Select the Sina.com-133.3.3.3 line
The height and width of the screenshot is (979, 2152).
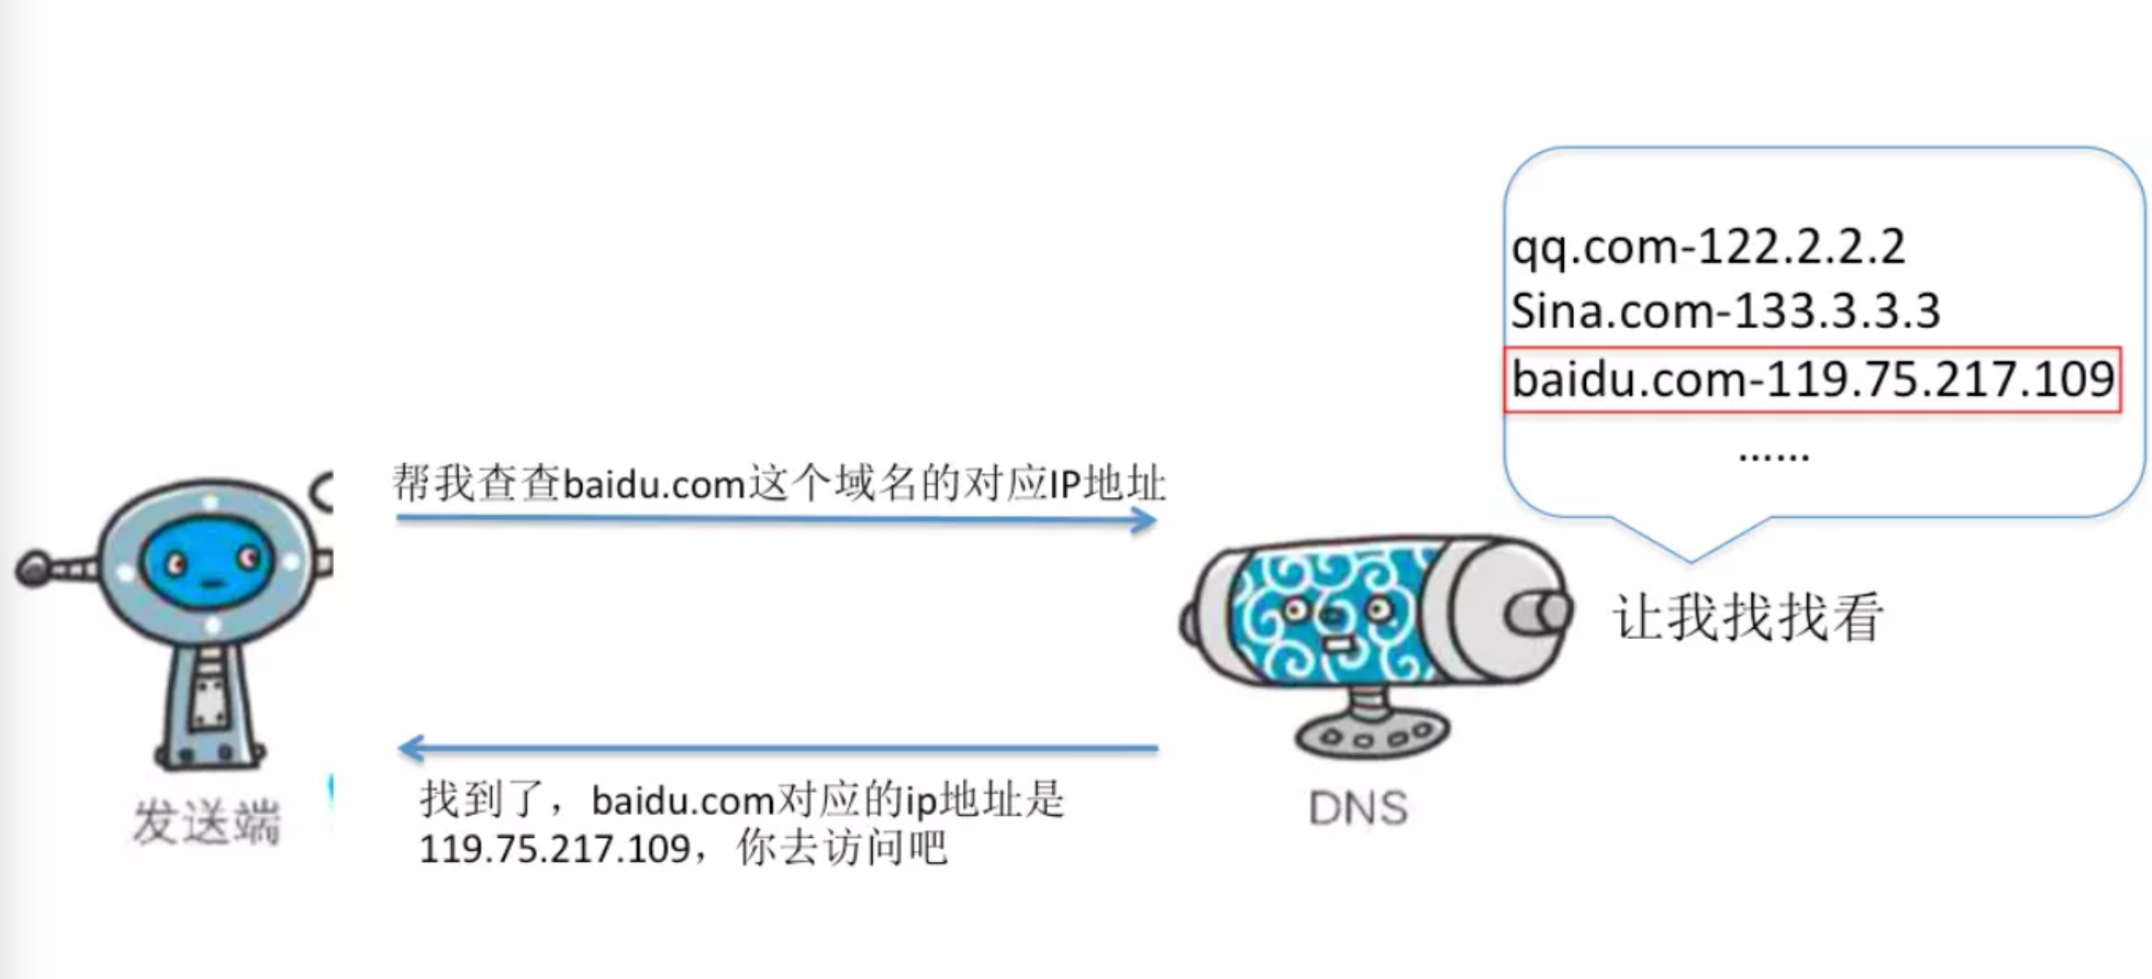click(x=1725, y=311)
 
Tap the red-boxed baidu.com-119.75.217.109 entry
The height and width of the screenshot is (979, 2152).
click(x=1812, y=380)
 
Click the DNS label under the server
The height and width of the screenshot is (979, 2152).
click(x=1357, y=808)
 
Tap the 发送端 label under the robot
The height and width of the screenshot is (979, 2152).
click(x=207, y=822)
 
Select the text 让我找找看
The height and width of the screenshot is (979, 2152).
click(x=1747, y=617)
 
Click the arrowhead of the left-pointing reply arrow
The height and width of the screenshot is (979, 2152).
click(x=411, y=748)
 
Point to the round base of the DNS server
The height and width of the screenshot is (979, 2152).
click(x=1371, y=736)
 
